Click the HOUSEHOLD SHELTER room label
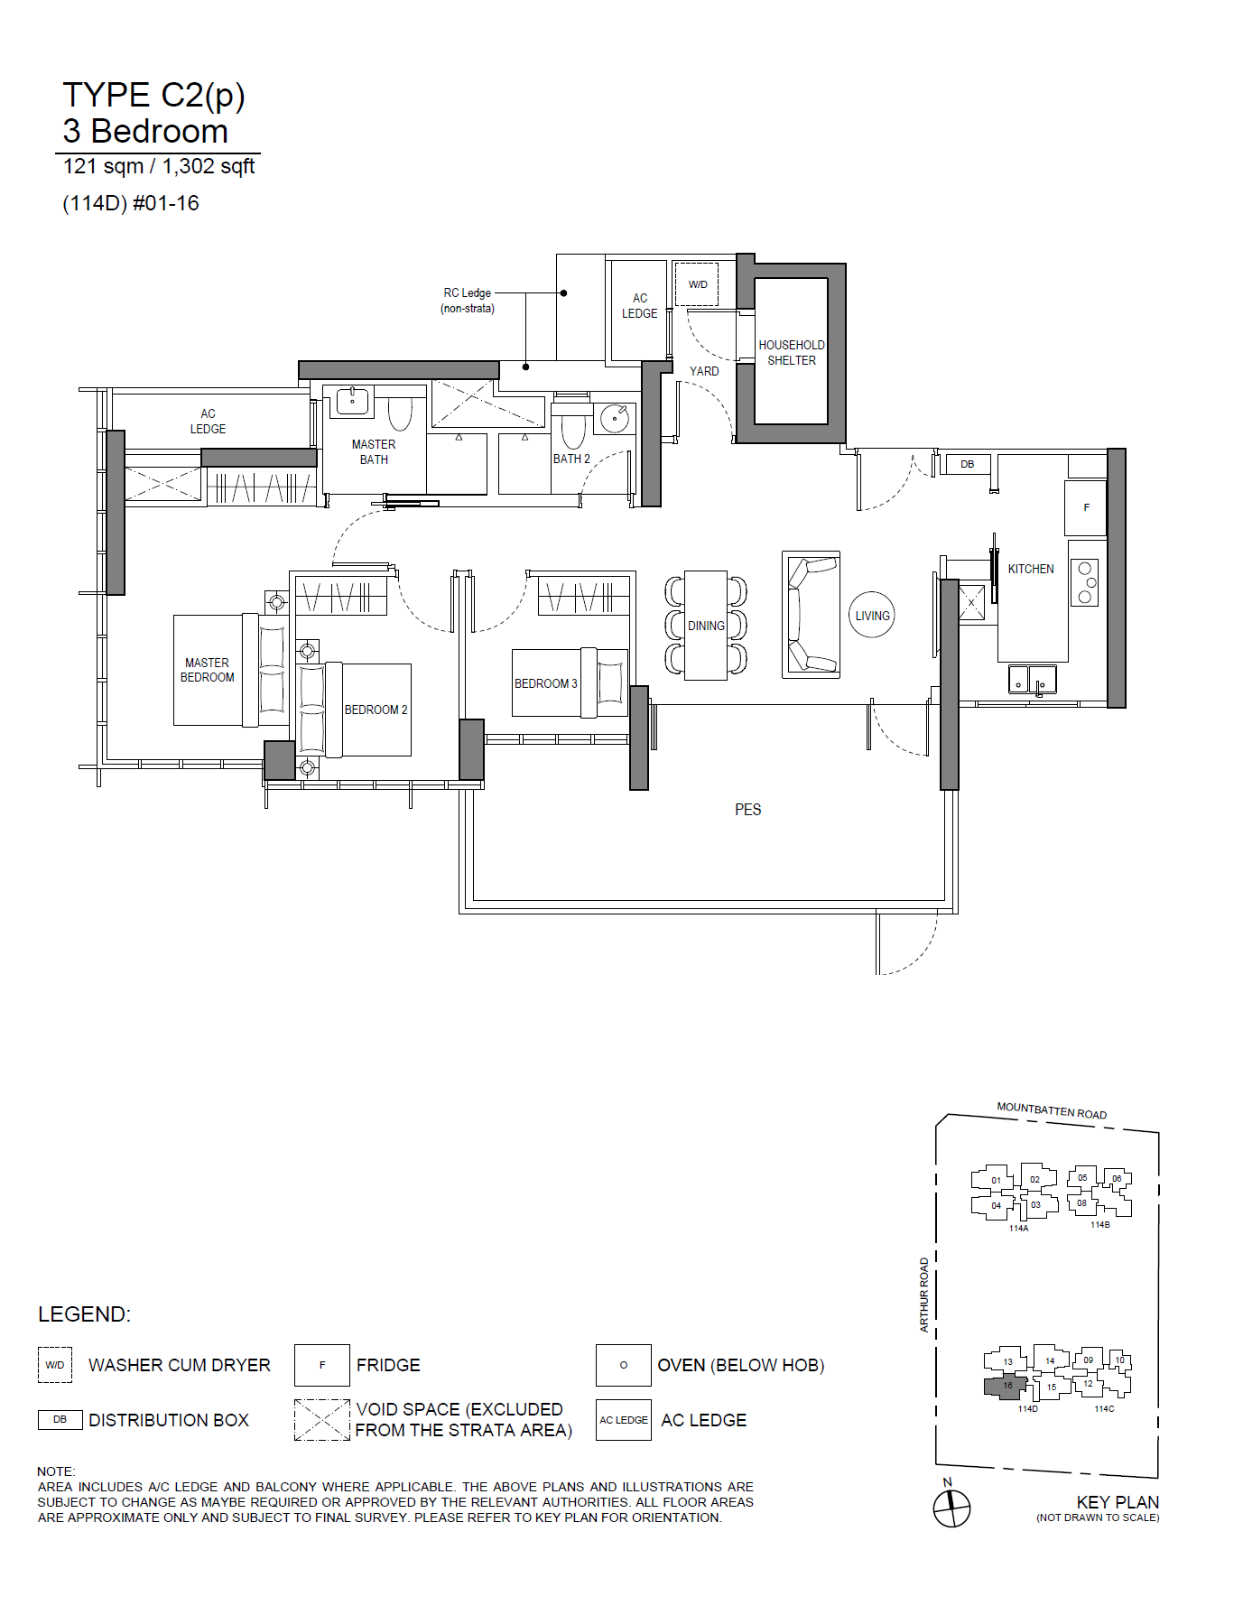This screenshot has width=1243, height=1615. [791, 352]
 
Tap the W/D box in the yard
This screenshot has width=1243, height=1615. [696, 284]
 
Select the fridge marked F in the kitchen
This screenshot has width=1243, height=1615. [1086, 507]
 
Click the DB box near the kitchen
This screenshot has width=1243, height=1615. [967, 464]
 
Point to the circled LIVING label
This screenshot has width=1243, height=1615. [872, 616]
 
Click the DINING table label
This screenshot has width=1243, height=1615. [706, 626]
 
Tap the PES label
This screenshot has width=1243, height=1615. [747, 810]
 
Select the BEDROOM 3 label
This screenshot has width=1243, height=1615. [546, 683]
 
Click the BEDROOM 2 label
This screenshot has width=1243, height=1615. [376, 710]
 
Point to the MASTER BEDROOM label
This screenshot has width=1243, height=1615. [207, 670]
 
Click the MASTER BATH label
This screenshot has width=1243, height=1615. [374, 451]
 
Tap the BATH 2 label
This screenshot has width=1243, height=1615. [571, 459]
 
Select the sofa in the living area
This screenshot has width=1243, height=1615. [811, 615]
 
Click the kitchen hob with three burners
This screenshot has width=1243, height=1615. [1084, 582]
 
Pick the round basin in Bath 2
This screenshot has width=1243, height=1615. [615, 418]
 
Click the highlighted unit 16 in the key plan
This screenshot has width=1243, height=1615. [1005, 1387]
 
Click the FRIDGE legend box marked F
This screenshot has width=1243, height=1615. [321, 1365]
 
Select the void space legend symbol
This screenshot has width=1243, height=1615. [321, 1420]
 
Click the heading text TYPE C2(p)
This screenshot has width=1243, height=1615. [153, 96]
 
